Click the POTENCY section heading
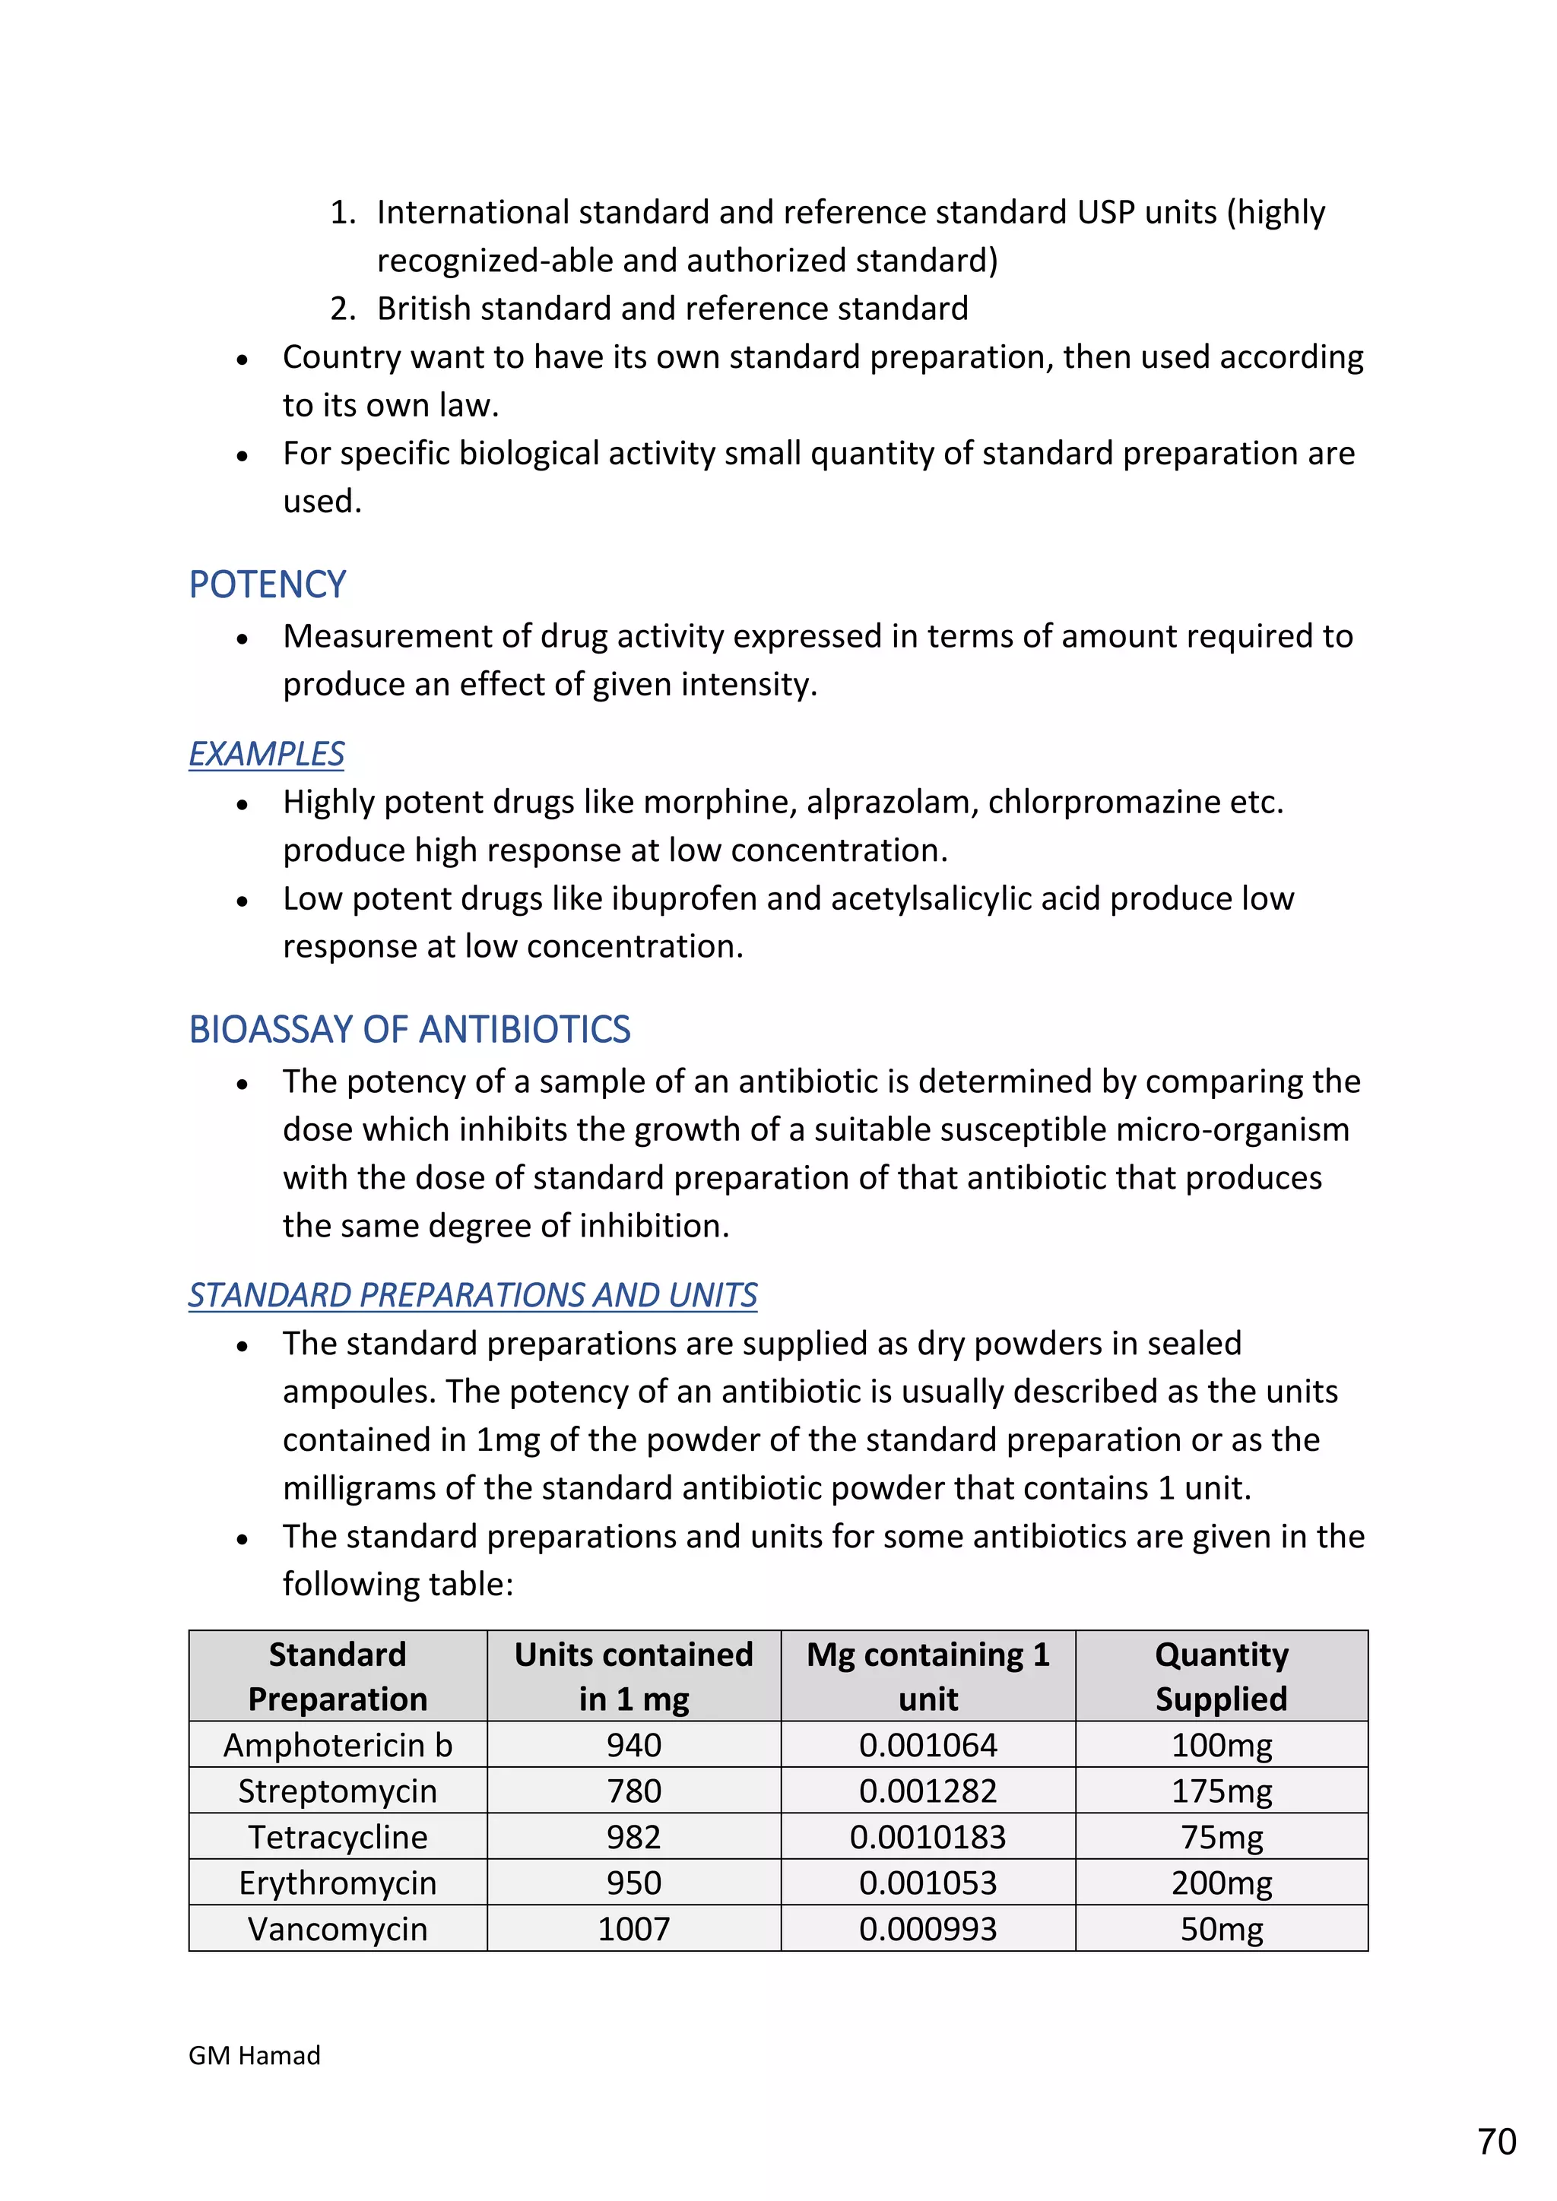click(267, 584)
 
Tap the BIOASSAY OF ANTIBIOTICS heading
click(409, 1030)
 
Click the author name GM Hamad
click(254, 2055)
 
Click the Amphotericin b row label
click(338, 1745)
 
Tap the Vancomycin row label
click(338, 1929)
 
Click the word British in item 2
click(423, 309)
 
